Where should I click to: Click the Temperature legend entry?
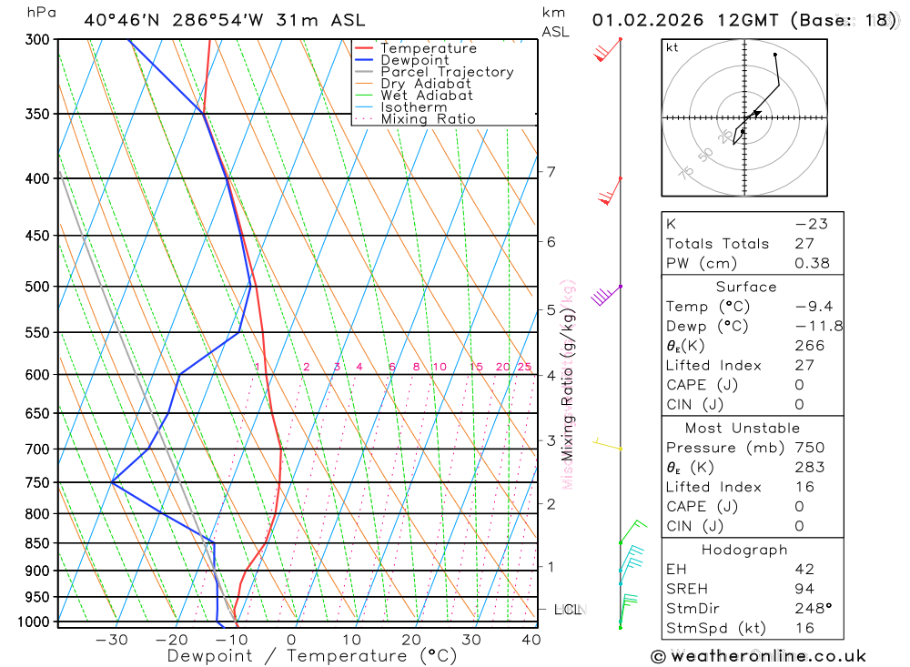tap(428, 48)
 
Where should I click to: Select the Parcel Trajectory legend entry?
tap(446, 72)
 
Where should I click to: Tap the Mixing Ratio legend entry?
tap(428, 119)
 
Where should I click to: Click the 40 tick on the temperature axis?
tap(531, 640)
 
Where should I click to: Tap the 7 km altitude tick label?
tap(551, 172)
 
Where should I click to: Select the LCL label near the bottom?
tap(568, 610)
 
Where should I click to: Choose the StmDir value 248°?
tap(810, 609)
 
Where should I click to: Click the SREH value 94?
tap(804, 589)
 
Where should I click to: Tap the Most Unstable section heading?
tap(743, 428)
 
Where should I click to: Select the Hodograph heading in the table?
tap(744, 550)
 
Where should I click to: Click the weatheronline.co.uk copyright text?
tap(758, 656)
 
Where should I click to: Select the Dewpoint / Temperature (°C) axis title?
tap(311, 656)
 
